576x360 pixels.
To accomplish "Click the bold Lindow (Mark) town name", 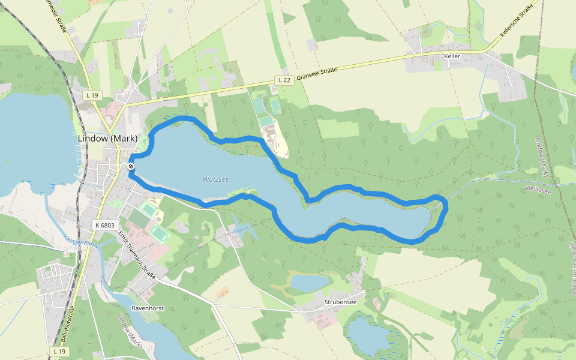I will (x=107, y=138).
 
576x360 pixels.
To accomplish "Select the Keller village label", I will (x=452, y=56).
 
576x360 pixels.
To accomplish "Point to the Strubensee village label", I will (x=340, y=302).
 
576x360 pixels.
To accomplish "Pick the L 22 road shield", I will (x=284, y=80).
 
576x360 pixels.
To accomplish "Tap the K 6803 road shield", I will (x=104, y=224).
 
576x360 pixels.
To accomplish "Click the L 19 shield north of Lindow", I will (x=92, y=94).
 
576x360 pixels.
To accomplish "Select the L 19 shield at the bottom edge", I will (x=58, y=351).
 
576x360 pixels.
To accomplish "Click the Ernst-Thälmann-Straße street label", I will (x=137, y=254).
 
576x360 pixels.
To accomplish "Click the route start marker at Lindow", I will (x=130, y=166).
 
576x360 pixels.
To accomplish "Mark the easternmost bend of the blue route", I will (x=446, y=206).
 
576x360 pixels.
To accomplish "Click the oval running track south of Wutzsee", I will (x=159, y=231).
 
